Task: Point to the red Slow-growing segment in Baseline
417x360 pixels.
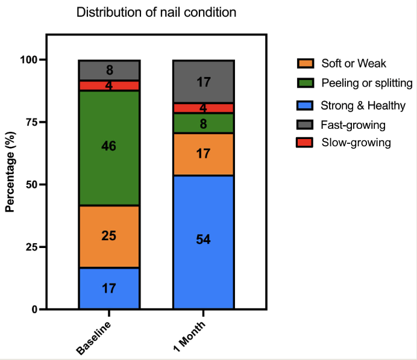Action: (x=109, y=85)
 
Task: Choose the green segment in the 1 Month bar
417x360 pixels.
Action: (x=203, y=123)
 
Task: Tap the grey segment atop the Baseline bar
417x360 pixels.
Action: (x=109, y=70)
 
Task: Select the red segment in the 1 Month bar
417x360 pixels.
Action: (x=203, y=108)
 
